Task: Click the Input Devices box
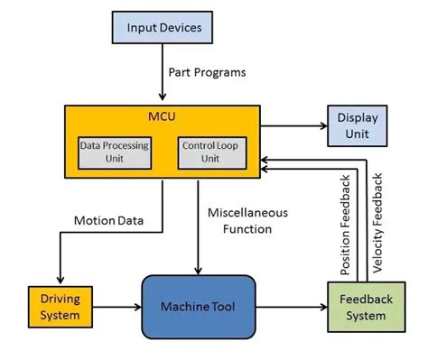[163, 28]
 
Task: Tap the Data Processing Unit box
[115, 151]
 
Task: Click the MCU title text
[163, 117]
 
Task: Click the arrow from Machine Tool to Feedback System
[290, 308]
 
